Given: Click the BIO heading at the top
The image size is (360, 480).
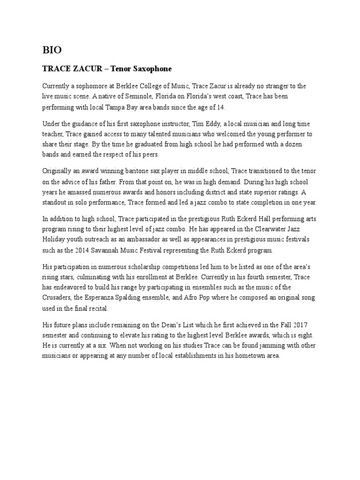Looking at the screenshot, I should pyautogui.click(x=52, y=50).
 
